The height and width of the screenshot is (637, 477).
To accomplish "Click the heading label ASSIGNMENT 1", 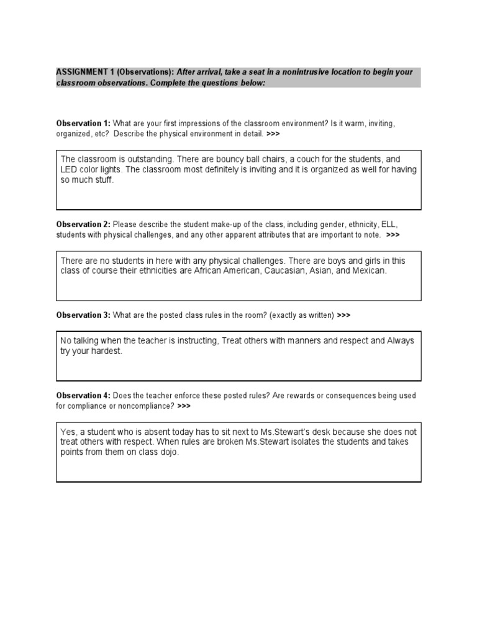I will pos(84,72).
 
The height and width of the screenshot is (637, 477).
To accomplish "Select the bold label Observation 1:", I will pos(83,124).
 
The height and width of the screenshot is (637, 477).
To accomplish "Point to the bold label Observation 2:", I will pos(83,224).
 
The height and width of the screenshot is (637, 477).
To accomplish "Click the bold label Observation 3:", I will pos(83,315).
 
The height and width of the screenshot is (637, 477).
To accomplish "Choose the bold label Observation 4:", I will pos(83,396).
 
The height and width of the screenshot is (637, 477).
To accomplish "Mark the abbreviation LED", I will pos(70,170).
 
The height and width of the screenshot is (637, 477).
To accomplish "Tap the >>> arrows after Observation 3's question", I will pos(343,315).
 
